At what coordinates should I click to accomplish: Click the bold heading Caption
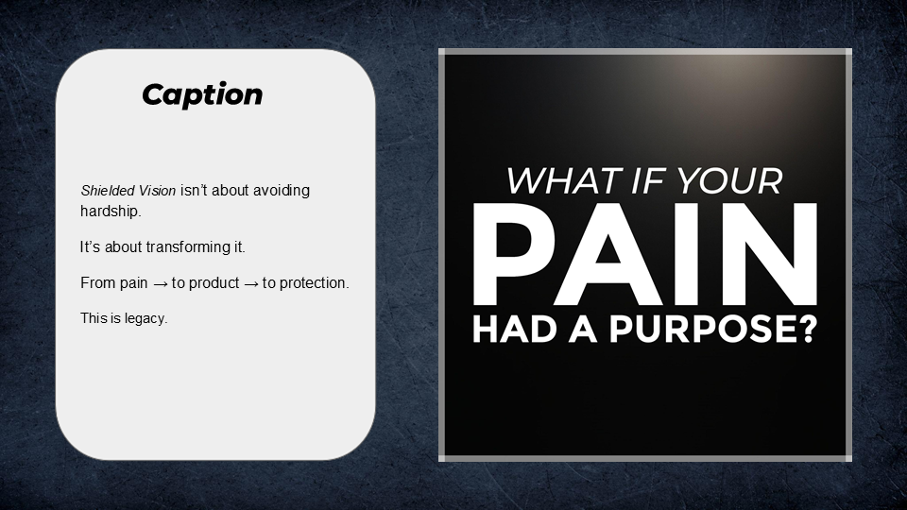(x=202, y=94)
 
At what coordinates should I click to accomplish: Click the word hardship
(x=110, y=212)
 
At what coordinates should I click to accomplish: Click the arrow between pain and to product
(x=161, y=283)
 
